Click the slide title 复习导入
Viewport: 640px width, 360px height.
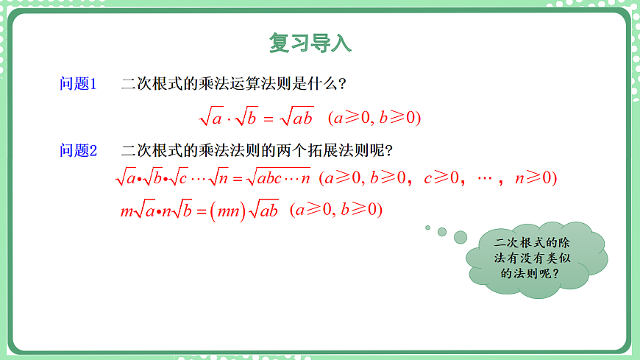310,43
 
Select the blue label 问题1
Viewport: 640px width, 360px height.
78,84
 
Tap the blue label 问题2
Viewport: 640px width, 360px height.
78,151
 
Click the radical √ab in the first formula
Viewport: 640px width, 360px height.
297,117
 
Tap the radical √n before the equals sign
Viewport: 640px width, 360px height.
219,178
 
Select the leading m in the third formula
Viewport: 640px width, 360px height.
126,211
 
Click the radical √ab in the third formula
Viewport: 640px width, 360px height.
263,211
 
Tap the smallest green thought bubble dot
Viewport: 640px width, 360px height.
427,227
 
